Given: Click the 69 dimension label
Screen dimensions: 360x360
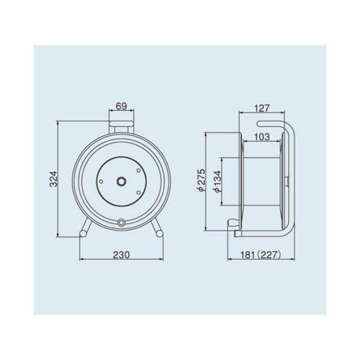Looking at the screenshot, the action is point(121,106).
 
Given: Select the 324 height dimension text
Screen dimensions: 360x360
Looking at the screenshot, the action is point(53,179).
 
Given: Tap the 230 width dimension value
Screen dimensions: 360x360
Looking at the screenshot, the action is point(121,255).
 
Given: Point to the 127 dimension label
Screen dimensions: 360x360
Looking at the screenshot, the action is point(262,108).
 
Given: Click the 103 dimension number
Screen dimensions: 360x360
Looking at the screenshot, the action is point(262,137).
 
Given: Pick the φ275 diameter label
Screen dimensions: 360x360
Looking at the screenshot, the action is point(200,180).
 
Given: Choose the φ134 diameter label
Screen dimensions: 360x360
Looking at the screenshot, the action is point(218,182).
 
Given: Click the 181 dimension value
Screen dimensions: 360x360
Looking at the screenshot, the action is point(247,255).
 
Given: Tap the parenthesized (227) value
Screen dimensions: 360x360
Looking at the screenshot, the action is point(269,255).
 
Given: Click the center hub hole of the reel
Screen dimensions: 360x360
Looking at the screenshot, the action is point(121,181).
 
